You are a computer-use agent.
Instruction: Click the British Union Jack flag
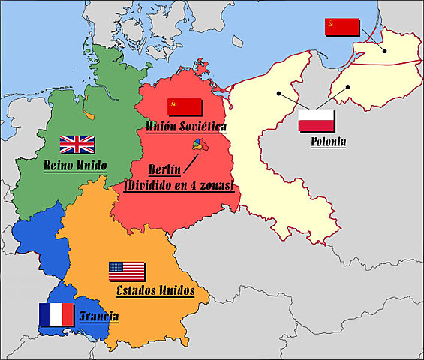tap(77, 144)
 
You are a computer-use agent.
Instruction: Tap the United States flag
tap(126, 271)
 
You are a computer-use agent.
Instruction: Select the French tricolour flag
tap(56, 314)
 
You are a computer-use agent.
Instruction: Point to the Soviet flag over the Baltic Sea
tap(341, 28)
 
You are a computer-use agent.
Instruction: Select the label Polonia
tap(327, 141)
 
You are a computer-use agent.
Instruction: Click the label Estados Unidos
tap(155, 290)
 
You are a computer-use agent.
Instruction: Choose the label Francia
tap(98, 316)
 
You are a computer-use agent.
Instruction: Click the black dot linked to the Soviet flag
tap(384, 51)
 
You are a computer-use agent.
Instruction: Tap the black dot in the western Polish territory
tap(278, 94)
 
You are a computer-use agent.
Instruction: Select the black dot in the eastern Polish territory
tap(349, 86)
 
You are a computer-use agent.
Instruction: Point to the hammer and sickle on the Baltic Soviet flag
tap(331, 23)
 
